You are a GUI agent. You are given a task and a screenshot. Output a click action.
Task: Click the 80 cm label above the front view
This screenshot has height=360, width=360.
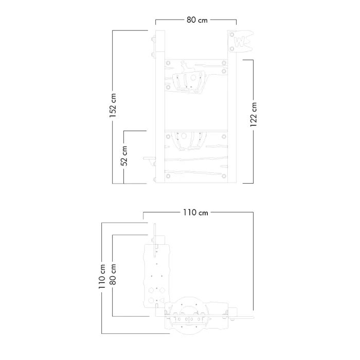point(197,20)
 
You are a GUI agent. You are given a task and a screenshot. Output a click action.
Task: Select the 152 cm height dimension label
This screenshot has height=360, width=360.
point(113,105)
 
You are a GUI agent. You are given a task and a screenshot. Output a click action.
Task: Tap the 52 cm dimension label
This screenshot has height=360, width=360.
point(124,156)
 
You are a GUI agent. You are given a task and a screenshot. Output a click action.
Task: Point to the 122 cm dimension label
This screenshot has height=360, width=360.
point(253,115)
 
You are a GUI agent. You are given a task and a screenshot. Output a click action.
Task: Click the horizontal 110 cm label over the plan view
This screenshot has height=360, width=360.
point(195,212)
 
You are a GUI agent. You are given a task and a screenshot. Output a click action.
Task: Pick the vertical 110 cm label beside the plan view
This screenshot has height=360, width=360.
point(102,277)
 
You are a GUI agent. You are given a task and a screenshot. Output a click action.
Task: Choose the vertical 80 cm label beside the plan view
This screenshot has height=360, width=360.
point(113,274)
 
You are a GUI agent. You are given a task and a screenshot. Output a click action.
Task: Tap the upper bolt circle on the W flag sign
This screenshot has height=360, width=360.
point(232,34)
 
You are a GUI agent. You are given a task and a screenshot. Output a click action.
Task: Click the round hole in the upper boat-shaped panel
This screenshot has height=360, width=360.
point(193,78)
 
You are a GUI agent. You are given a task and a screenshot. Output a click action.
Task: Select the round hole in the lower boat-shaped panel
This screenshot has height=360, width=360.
point(184,136)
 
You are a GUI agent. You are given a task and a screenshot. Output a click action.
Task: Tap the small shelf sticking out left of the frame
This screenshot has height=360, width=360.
point(150,158)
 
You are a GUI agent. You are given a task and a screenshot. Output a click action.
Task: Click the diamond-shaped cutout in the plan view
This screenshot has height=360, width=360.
point(162,291)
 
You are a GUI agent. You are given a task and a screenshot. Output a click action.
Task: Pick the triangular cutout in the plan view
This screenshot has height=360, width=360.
point(162,300)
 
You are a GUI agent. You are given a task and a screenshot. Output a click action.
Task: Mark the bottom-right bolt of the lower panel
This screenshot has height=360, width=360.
point(224,176)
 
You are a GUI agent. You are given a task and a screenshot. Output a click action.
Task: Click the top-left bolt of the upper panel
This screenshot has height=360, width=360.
point(168,63)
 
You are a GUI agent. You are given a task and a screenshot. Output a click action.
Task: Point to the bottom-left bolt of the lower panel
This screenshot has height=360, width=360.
point(168,176)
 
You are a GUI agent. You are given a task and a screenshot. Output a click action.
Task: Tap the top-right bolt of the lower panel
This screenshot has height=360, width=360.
point(224,137)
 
